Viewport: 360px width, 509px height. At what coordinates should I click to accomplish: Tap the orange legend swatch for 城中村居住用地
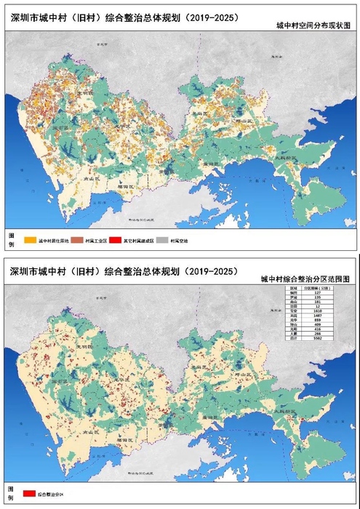coord(29,239)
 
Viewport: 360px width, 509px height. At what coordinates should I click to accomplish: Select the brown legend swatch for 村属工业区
coord(84,239)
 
